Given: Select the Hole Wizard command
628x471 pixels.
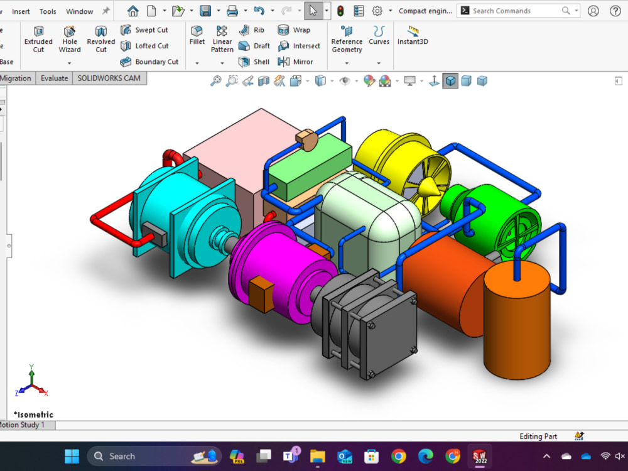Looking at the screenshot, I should coord(70,38).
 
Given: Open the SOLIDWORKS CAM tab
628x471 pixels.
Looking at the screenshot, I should coord(109,78).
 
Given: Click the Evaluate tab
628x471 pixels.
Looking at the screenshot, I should coord(54,78).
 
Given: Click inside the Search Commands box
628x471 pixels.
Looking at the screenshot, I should coord(515,11).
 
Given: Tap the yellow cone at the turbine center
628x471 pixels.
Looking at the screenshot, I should coord(430,187).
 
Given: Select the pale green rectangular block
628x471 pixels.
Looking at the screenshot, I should coord(308,166).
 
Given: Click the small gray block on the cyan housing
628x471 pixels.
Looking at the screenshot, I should coord(154,234).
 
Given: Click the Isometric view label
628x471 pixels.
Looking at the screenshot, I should coord(34,414).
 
